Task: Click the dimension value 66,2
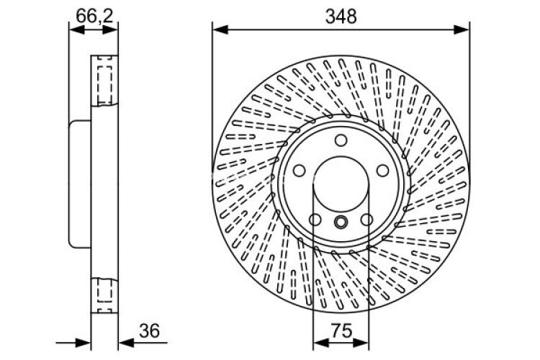tap(93, 14)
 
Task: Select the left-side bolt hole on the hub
tap(298, 172)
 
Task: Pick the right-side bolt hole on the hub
tap(384, 171)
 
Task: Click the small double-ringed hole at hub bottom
tap(341, 222)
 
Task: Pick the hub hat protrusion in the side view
tap(79, 184)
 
